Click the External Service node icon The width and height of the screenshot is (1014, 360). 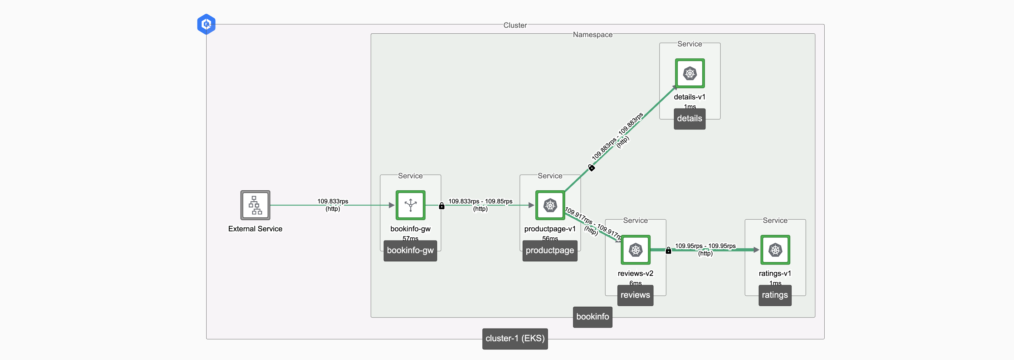click(x=255, y=205)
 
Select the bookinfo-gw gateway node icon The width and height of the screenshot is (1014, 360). click(x=410, y=205)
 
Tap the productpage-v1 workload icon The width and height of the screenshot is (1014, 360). click(x=550, y=205)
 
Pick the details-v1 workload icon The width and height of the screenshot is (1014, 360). click(x=690, y=73)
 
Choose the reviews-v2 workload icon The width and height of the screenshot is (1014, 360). click(x=635, y=250)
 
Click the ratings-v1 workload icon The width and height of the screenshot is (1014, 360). click(x=775, y=250)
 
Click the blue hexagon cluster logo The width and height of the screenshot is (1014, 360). click(x=206, y=24)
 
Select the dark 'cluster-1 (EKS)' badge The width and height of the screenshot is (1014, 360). click(x=515, y=338)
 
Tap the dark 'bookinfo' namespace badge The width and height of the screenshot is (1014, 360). click(x=592, y=317)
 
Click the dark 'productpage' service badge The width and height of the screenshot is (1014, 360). click(x=550, y=251)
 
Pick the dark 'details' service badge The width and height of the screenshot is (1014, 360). click(x=690, y=119)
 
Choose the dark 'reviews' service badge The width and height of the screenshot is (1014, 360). click(x=635, y=295)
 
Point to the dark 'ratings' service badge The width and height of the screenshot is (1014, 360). click(x=775, y=295)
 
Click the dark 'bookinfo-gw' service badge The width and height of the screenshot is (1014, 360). click(x=410, y=251)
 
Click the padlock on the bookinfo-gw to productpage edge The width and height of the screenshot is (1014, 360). click(x=442, y=206)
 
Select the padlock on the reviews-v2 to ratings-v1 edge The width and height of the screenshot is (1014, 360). click(x=668, y=251)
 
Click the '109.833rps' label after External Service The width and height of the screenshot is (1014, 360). click(x=333, y=201)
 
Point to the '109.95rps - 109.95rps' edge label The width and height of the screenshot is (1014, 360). click(x=705, y=246)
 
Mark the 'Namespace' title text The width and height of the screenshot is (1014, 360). click(x=592, y=35)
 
